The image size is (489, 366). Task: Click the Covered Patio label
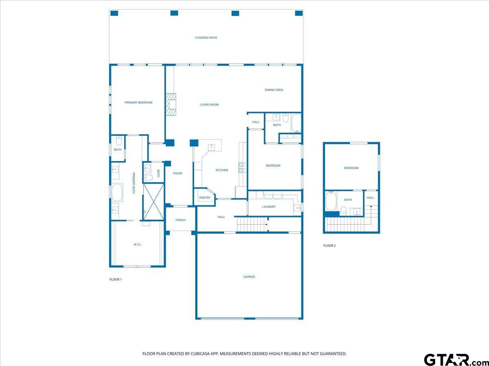206,38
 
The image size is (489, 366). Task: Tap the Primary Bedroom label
138,102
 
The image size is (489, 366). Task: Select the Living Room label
209,105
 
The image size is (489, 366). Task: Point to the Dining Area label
274,90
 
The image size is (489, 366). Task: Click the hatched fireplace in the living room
171,105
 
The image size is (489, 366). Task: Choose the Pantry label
205,198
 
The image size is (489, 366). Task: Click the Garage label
249,277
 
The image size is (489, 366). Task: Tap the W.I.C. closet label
137,244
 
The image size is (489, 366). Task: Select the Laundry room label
269,207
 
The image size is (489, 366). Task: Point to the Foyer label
178,173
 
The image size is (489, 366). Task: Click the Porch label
181,220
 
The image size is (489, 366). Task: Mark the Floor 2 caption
329,246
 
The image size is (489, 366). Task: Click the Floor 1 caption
116,279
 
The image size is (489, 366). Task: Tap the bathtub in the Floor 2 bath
331,201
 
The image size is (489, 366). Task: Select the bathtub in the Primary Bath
117,192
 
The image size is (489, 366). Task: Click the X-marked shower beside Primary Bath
154,202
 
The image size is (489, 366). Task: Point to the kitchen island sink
211,147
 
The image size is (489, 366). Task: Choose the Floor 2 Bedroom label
351,168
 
